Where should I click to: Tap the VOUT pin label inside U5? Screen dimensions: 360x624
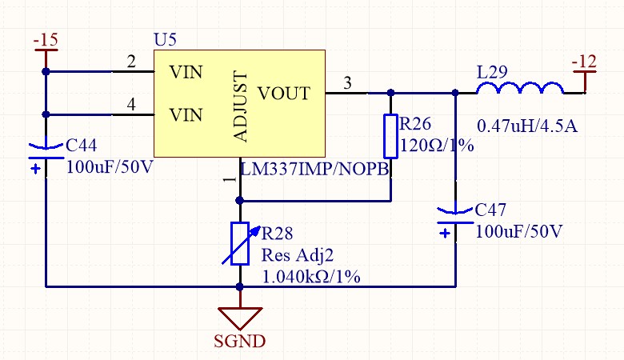(283, 94)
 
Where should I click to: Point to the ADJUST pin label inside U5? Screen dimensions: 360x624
(242, 106)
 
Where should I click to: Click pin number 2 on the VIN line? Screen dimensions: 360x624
(131, 62)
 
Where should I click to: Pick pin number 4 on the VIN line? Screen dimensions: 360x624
(131, 105)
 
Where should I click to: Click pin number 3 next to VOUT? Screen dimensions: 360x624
(346, 82)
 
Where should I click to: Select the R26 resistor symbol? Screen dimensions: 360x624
(390, 136)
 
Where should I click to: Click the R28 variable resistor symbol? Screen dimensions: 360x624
(240, 242)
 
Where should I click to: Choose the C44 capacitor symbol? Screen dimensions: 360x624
(46, 155)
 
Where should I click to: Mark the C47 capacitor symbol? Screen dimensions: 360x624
(454, 220)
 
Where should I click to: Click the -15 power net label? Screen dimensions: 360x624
(45, 39)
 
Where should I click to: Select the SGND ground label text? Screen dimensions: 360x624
(240, 341)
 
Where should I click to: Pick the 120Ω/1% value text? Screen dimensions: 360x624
(437, 146)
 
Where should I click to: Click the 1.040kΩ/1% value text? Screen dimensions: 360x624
(311, 277)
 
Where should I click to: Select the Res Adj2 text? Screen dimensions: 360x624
(298, 256)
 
